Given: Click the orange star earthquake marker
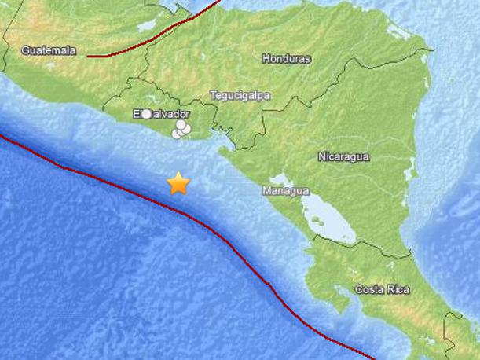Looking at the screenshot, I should coord(179,183).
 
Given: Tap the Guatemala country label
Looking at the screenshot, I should coord(49,50).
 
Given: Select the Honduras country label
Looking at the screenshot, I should coord(287,59).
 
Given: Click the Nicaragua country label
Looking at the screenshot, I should coord(343,156).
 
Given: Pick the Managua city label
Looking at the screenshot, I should coord(285,191).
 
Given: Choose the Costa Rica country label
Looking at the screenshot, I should coord(382,290).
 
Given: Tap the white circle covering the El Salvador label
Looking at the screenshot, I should coord(145,115).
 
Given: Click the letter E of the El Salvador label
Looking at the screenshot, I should coord(136,115).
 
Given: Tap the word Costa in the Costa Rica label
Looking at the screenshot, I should coord(368,290).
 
